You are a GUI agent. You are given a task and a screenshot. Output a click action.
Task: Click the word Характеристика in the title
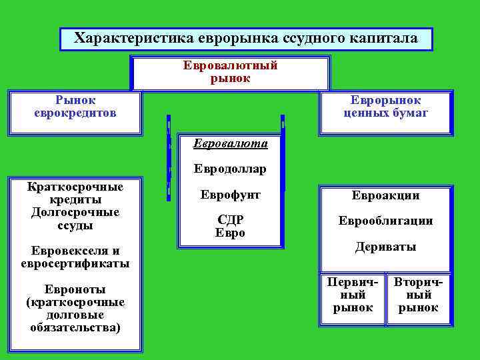(x=133, y=38)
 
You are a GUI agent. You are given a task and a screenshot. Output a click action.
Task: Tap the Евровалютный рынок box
(x=230, y=72)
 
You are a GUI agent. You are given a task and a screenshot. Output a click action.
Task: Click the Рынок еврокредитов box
(x=75, y=107)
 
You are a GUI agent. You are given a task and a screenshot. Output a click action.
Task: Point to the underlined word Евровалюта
(x=230, y=143)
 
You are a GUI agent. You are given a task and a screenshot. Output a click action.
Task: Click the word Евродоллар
(x=230, y=169)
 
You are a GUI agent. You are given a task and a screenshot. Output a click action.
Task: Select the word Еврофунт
(x=230, y=195)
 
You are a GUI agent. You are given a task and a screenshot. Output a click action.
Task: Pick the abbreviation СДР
(x=230, y=220)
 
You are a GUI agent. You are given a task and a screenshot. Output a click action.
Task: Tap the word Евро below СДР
(x=230, y=233)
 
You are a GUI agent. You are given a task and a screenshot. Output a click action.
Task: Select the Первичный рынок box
(x=352, y=295)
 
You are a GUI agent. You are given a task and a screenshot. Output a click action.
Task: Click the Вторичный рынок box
(x=418, y=295)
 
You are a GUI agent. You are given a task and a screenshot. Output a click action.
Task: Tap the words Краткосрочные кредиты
(x=75, y=193)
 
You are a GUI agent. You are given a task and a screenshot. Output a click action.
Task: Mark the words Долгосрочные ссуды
(x=75, y=219)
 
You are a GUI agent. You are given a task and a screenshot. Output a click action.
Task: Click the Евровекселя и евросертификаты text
(x=75, y=257)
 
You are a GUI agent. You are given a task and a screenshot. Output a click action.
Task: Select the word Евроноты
(x=75, y=289)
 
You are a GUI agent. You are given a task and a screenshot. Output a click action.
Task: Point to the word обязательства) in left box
(x=75, y=327)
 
